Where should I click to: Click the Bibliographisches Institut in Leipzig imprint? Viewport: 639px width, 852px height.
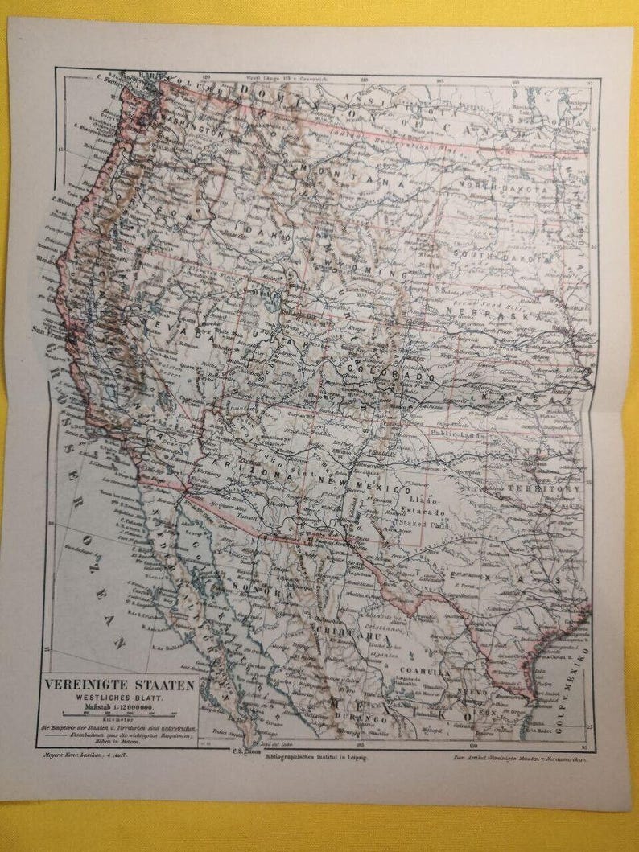(x=319, y=758)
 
